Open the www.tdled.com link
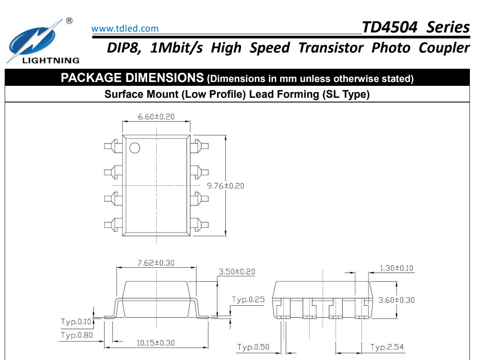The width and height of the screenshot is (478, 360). click(125, 29)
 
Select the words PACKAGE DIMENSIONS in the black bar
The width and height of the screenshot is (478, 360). click(132, 79)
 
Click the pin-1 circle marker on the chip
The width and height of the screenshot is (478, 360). click(134, 148)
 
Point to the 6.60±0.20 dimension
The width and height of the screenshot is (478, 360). click(156, 117)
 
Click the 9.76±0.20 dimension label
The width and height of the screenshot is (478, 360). click(225, 186)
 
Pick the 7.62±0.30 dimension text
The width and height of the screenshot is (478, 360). click(156, 263)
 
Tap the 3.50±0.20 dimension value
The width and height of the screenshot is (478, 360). click(237, 272)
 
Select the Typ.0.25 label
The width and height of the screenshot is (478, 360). click(248, 299)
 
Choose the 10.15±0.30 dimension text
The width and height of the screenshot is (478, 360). click(155, 343)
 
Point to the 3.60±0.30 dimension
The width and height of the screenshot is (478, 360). click(396, 300)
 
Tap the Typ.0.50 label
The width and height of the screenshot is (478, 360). click(254, 347)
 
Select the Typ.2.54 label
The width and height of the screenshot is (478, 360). click(387, 347)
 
